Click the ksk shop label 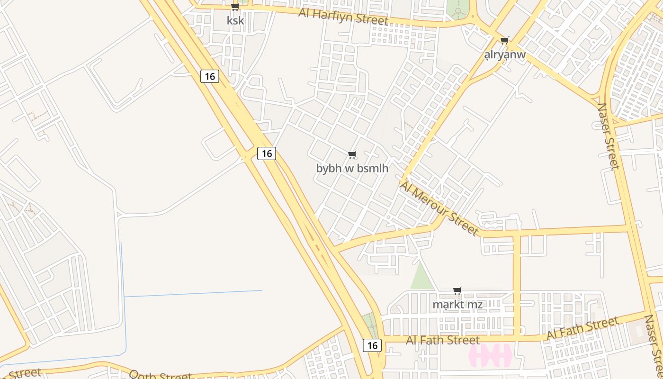coord(235,21)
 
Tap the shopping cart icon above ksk coord(235,7)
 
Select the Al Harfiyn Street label coord(343,17)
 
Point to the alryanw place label coord(505,55)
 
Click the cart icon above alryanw coord(505,41)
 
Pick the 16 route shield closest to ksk coord(210,76)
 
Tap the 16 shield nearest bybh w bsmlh coord(267,153)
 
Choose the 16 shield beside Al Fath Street coord(372,345)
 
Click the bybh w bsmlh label coord(352,168)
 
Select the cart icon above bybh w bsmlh coord(352,155)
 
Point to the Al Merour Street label coord(439,208)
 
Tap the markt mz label coord(457,305)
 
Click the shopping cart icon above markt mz coord(457,290)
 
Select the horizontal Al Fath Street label coord(443,340)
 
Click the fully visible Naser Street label coord(608,136)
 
